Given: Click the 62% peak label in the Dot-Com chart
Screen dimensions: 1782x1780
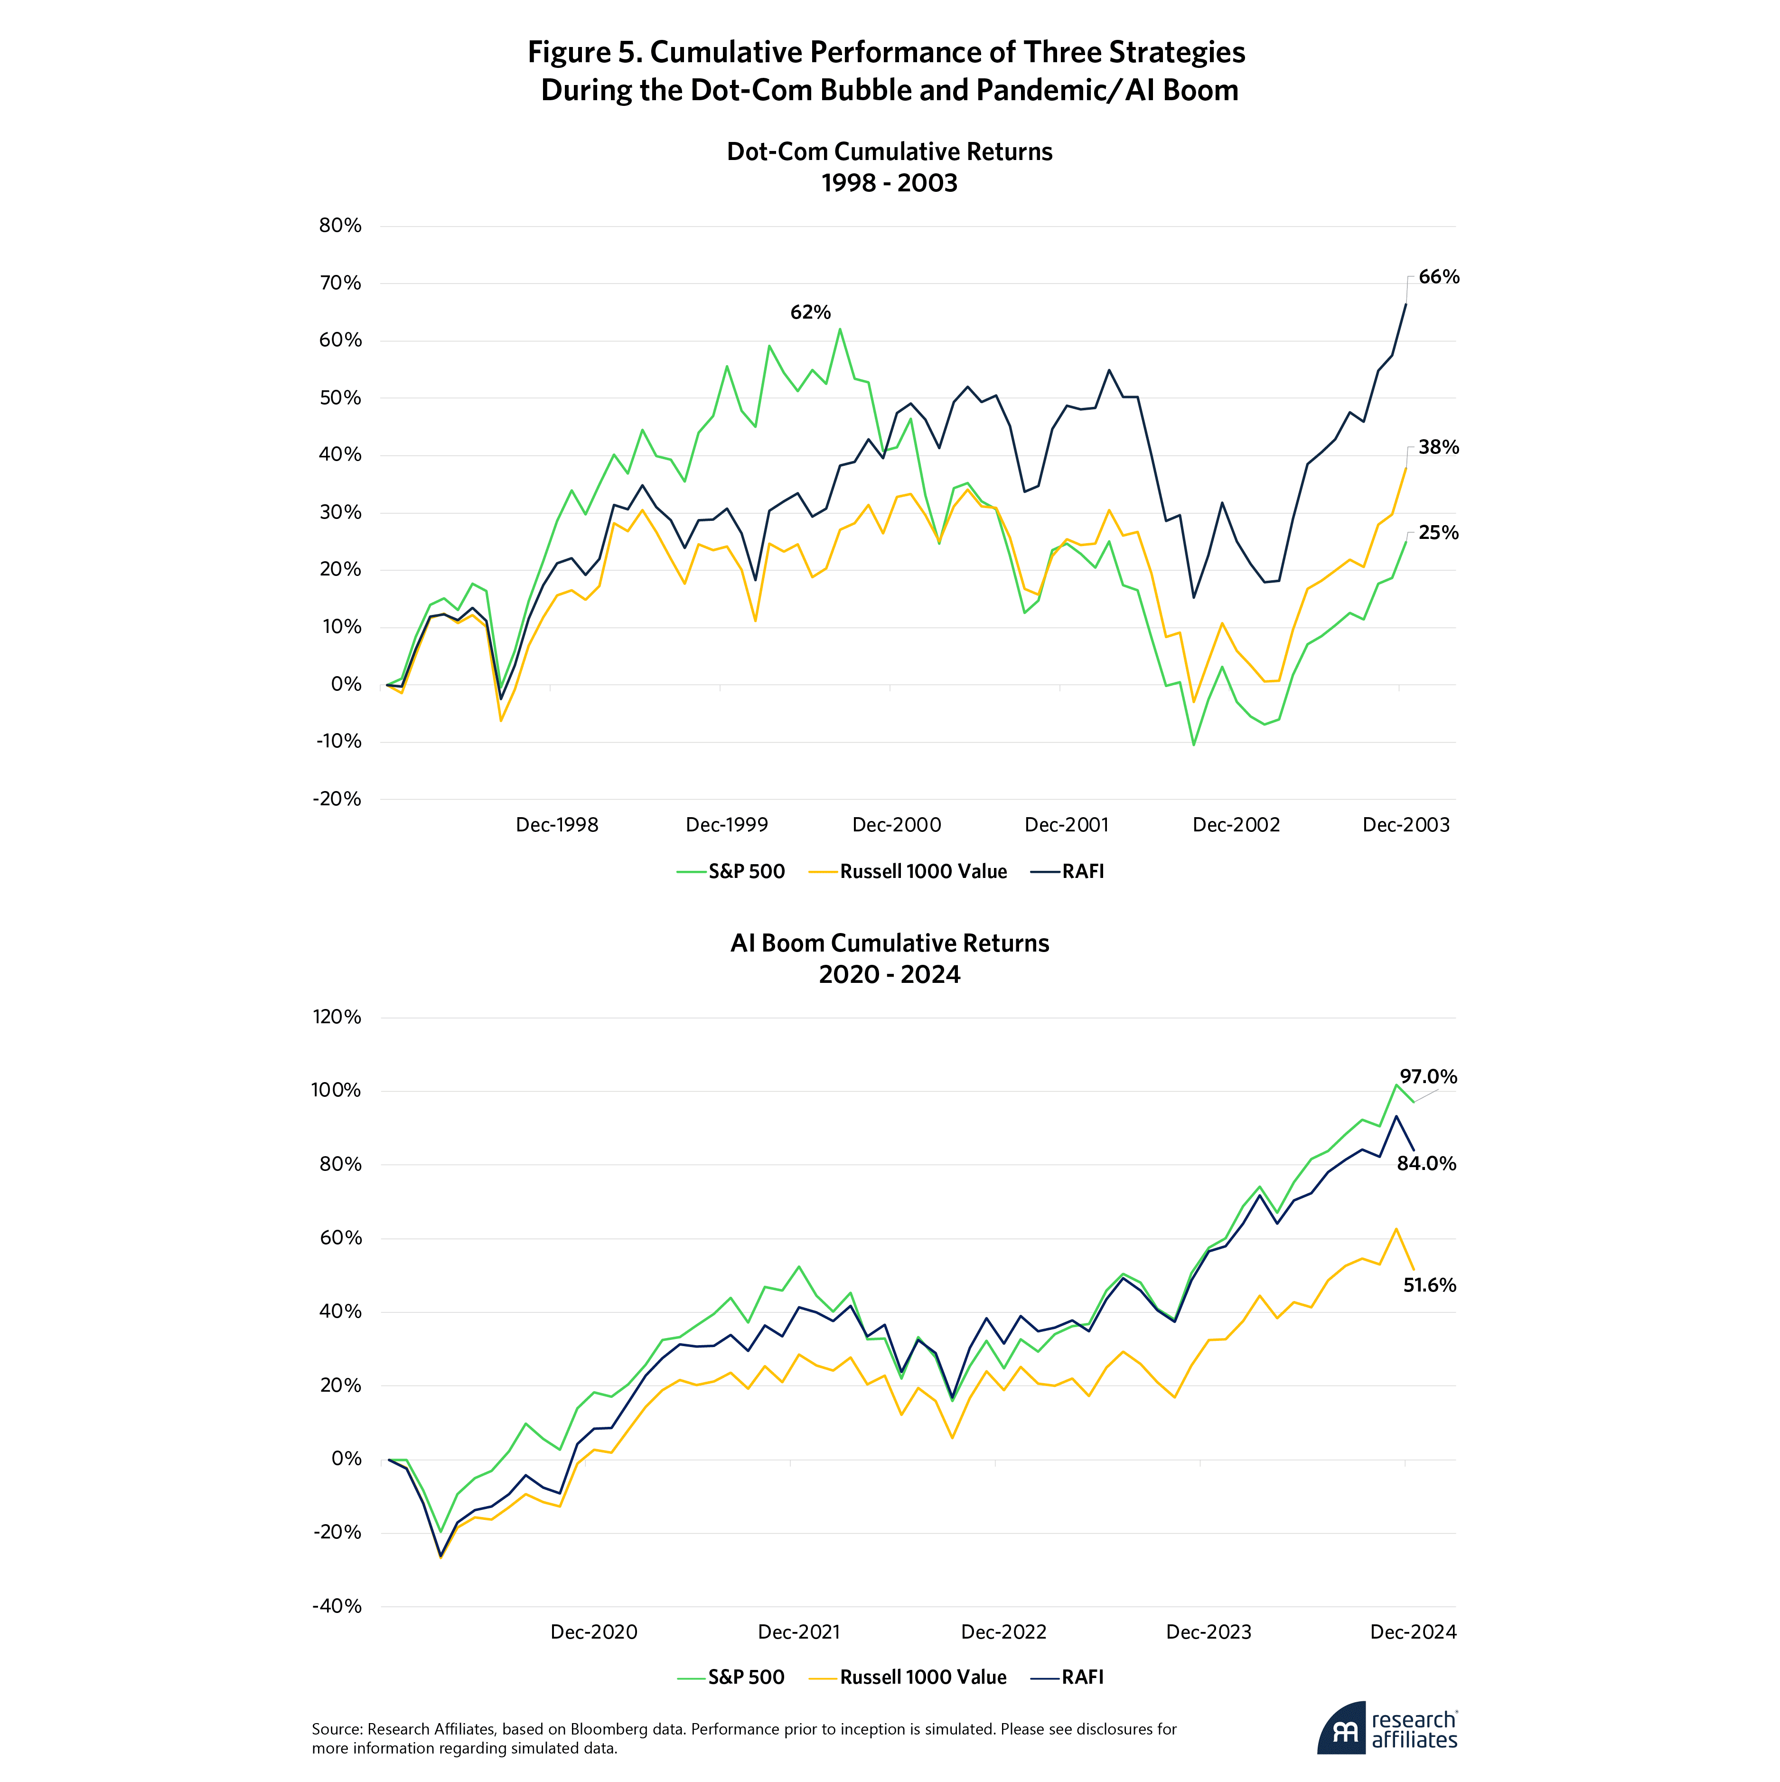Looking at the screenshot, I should click(810, 313).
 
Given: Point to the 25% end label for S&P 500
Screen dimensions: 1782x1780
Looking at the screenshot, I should click(1438, 533).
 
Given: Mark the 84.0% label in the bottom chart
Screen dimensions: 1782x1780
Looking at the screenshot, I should click(1426, 1164).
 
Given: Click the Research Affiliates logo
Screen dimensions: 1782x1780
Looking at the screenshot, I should click(1388, 1728).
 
